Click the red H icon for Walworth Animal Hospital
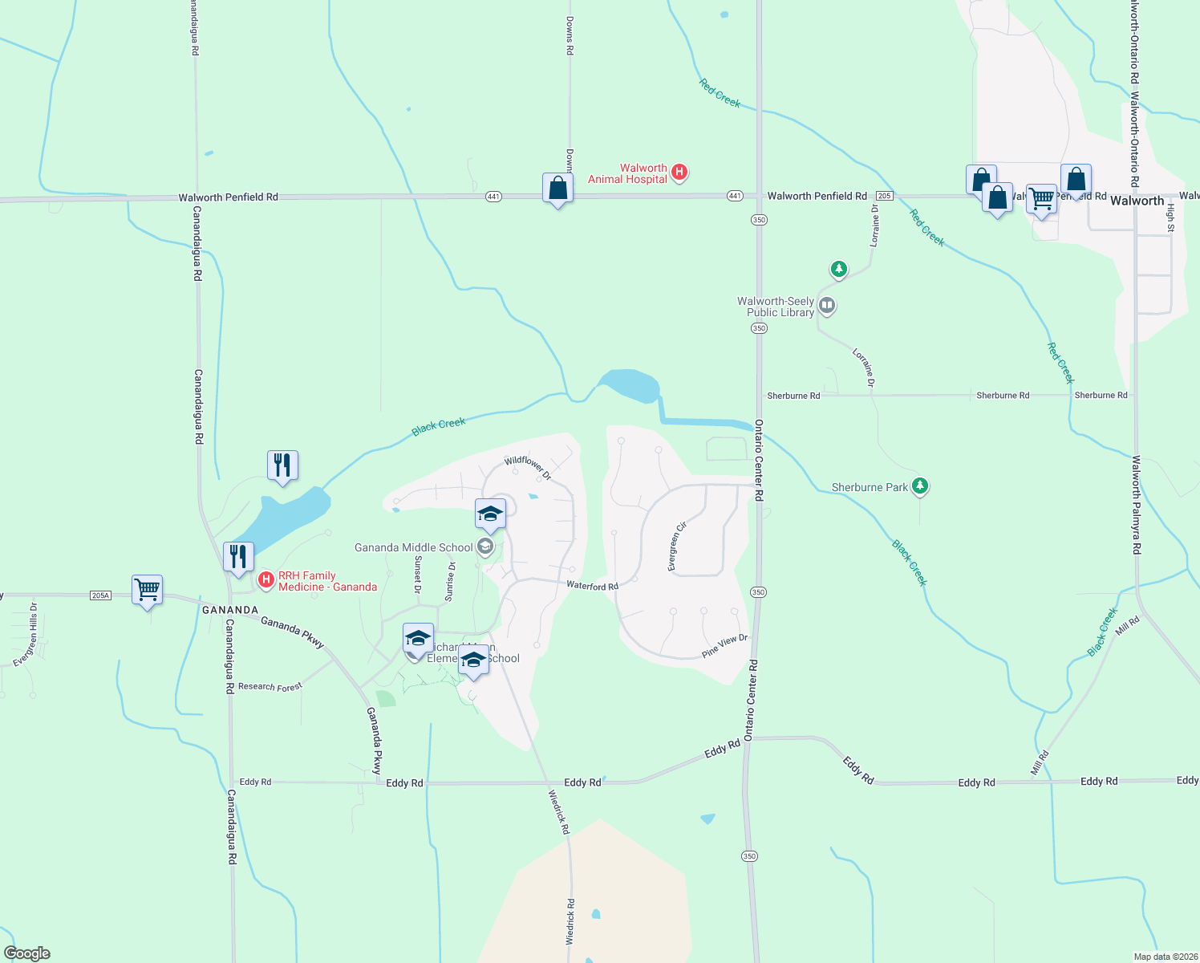679,171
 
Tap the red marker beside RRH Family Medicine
266,579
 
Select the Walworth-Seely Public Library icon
827,306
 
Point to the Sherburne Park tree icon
920,486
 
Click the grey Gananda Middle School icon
484,547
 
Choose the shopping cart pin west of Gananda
147,590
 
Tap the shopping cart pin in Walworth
1041,197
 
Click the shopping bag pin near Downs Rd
557,189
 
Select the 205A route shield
100,595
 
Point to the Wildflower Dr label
528,468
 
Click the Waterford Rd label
592,586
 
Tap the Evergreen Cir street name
678,547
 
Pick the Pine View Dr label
724,646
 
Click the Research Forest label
270,687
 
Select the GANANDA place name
230,610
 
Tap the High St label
1170,217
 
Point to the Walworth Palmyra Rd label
1136,505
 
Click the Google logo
27,953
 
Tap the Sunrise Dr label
450,582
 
